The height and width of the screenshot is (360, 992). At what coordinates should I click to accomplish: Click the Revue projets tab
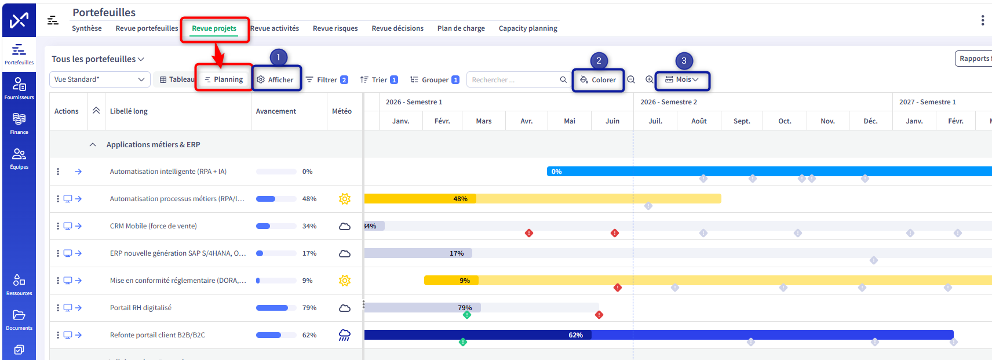coord(214,28)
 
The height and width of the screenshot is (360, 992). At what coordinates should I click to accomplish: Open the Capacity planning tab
coord(528,28)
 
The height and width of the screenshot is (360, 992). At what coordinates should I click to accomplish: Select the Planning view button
coord(224,79)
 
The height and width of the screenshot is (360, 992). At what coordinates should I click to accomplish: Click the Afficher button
coord(275,79)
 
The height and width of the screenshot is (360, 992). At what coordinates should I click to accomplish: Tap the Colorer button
coord(598,79)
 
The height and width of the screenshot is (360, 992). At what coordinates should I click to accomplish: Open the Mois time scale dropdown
coord(682,79)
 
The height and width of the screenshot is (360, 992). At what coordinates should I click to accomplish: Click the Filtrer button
coord(326,79)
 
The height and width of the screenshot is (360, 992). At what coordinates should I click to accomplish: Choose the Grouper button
coord(435,79)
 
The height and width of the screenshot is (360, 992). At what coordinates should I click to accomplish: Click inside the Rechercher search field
coord(514,79)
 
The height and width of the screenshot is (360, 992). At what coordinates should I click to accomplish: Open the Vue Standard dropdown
coord(100,79)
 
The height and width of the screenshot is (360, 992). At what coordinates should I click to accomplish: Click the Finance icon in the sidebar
coord(19,123)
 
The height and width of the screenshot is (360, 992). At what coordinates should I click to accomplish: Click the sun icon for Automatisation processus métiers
coord(345,199)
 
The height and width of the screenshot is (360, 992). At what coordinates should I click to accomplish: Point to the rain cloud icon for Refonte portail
coord(345,335)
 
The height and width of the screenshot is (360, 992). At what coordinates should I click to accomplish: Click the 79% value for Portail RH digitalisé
coord(309,308)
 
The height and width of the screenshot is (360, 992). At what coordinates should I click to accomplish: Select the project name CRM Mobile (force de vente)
coord(153,226)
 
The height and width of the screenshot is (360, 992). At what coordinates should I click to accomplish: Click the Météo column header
coord(342,111)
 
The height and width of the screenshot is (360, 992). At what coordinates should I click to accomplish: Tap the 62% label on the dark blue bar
coord(576,335)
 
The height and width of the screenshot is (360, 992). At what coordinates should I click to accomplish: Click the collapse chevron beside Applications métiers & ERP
coord(93,145)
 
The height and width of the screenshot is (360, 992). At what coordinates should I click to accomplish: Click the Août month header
coord(699,121)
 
